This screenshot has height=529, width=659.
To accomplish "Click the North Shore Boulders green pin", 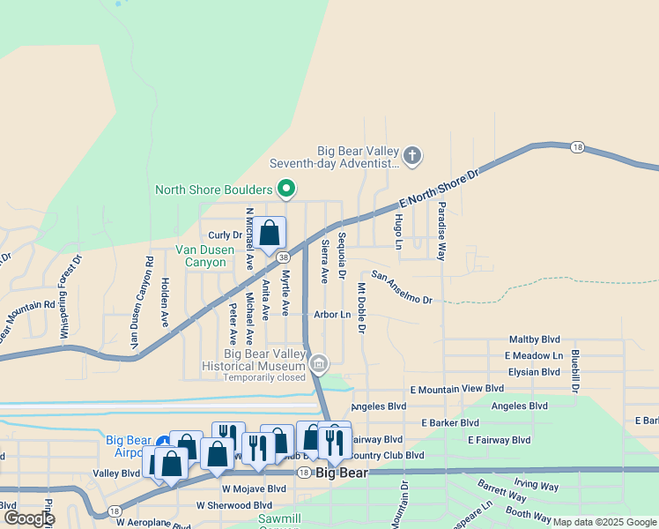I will coord(285,189).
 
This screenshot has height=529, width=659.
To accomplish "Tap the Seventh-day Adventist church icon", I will coord(412,157).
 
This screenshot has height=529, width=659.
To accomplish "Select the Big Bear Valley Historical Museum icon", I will coord(319,362).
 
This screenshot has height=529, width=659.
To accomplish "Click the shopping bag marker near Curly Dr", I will coord(270,234).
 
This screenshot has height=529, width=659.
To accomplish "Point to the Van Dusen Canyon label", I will coord(204,256).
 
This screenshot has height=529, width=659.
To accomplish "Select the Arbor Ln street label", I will coord(332,314).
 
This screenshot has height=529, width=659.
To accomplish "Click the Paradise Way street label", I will coord(441,233).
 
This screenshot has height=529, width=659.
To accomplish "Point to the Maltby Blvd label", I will coord(535,339).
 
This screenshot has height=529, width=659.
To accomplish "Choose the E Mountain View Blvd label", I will coord(456,388).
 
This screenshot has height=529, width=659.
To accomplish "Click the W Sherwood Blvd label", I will coord(234,505).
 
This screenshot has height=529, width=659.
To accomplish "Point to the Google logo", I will coord(29,518).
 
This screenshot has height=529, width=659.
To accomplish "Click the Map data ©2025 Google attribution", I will coord(604,522).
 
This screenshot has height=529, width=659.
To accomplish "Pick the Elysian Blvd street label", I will coord(534,371).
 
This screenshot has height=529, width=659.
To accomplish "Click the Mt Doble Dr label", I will coord(361,308).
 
